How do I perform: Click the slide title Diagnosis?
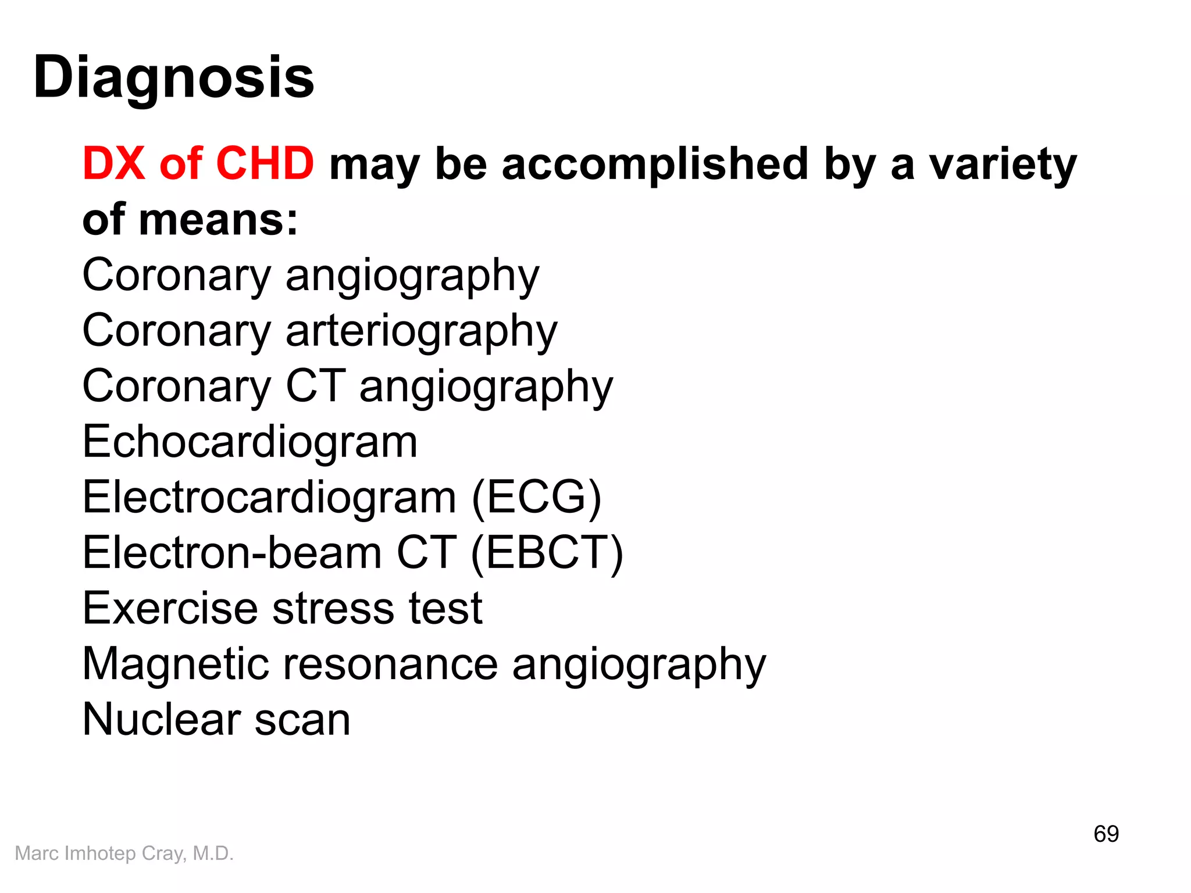coord(173,77)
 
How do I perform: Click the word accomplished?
coord(655,163)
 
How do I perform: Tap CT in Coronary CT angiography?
coord(316,385)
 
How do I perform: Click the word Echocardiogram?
coord(250,442)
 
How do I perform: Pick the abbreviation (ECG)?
coord(536,497)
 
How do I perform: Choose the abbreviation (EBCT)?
coord(547,552)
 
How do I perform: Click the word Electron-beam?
coord(232,552)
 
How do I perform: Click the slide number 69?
coord(1106,834)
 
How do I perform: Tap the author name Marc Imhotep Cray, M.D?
coord(124,853)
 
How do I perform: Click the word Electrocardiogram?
coord(269,497)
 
